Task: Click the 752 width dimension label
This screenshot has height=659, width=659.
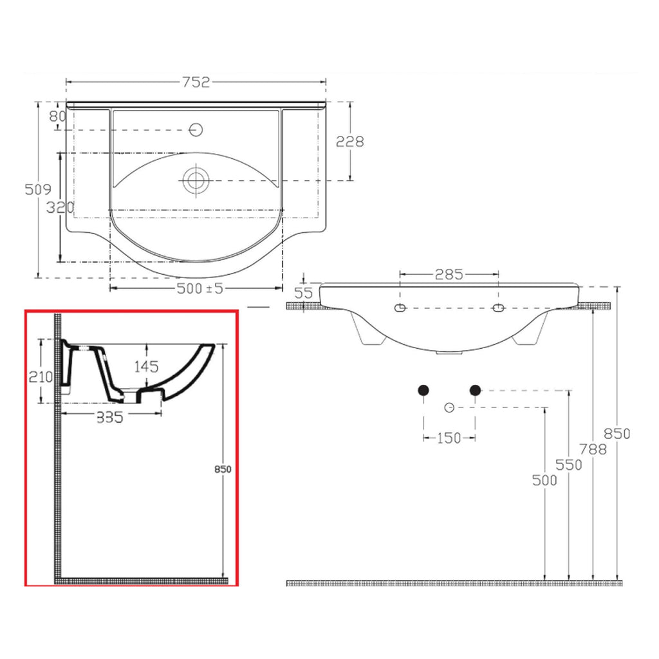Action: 196,82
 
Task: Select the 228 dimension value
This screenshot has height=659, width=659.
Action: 350,141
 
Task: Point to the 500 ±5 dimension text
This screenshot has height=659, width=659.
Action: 200,288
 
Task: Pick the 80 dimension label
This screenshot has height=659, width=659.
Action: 57,117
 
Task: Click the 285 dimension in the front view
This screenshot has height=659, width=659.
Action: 449,274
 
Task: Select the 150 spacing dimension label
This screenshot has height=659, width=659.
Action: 449,438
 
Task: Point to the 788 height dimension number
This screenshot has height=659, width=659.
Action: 592,449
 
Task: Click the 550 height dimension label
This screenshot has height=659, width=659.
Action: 569,465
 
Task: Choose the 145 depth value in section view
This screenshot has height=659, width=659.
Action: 147,367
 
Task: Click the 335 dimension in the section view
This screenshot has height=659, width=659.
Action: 109,418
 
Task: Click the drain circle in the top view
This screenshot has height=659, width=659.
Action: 194,179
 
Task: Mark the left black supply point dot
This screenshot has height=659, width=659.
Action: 423,389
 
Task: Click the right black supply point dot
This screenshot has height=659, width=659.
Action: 475,389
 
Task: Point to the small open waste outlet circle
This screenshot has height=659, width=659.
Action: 449,407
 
